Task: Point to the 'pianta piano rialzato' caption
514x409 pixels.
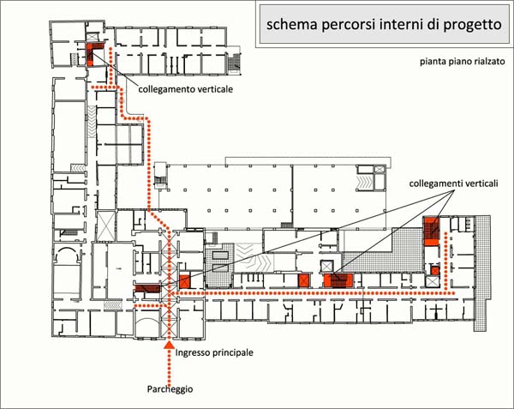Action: (463, 62)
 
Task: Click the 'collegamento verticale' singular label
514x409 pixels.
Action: (186, 89)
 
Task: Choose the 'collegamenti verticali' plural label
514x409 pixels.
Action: (454, 183)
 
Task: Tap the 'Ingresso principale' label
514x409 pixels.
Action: (214, 352)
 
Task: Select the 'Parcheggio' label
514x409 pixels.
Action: (170, 389)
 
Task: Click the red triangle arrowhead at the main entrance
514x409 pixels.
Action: (169, 344)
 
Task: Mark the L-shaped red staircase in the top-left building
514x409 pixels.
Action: (90, 52)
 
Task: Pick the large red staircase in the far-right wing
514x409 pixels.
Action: (432, 231)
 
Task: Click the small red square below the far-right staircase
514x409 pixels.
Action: (434, 271)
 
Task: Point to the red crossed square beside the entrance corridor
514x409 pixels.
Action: (184, 281)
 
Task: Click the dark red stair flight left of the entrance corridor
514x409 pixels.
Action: (147, 288)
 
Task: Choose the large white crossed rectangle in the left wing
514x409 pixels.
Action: (106, 226)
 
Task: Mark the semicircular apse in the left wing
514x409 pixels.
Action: (67, 255)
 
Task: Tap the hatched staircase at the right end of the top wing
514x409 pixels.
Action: (234, 62)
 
